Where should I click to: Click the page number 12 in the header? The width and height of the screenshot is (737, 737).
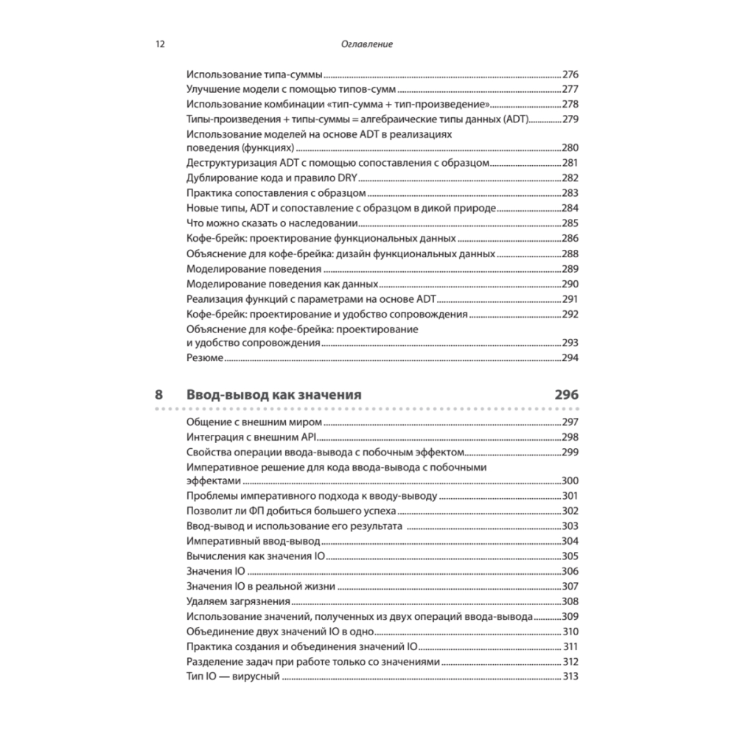(160, 44)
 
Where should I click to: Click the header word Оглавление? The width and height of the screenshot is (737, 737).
(368, 44)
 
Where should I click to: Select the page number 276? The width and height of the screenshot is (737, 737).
(570, 74)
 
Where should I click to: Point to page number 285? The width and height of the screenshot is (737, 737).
(570, 223)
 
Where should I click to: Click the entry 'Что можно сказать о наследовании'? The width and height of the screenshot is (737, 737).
(272, 223)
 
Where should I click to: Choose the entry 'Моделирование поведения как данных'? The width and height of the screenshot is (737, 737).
(283, 284)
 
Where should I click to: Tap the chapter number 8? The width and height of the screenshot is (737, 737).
(159, 394)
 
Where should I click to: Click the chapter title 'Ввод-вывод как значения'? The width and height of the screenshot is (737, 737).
(274, 394)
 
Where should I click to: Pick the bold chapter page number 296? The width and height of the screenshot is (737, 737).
(566, 394)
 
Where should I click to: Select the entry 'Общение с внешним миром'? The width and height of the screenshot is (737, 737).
(255, 422)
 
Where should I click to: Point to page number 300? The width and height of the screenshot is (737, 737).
(570, 481)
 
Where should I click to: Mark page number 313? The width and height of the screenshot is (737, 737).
(570, 677)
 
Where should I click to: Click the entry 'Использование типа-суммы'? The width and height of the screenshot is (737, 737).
(255, 74)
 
